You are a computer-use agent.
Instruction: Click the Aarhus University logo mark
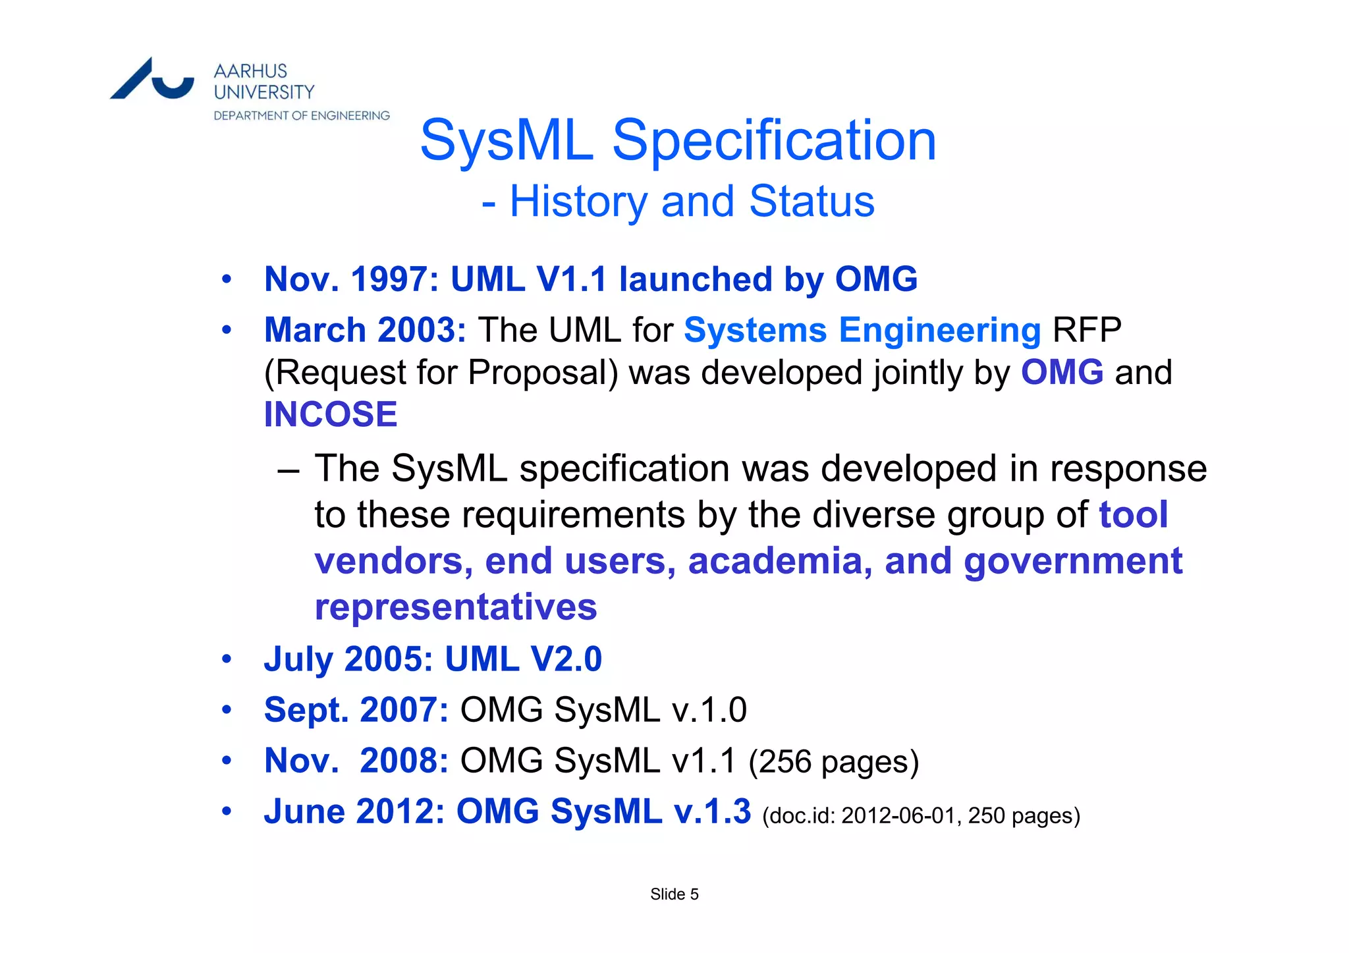pyautogui.click(x=152, y=80)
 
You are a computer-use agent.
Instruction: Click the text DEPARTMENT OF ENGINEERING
pyautogui.click(x=302, y=116)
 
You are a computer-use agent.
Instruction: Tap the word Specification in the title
pyautogui.click(x=774, y=140)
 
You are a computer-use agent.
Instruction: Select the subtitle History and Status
pyautogui.click(x=692, y=202)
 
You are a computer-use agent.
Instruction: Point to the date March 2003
pyautogui.click(x=365, y=330)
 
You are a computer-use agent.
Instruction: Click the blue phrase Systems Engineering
pyautogui.click(x=862, y=330)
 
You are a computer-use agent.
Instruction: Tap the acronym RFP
pyautogui.click(x=1087, y=330)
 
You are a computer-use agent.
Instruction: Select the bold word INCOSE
pyautogui.click(x=331, y=414)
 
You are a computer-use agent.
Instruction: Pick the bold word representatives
pyautogui.click(x=456, y=607)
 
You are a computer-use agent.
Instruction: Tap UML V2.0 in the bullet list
pyautogui.click(x=524, y=659)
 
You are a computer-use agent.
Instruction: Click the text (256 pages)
pyautogui.click(x=833, y=761)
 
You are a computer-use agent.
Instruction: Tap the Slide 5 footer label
pyautogui.click(x=674, y=894)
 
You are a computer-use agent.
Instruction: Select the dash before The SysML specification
pyautogui.click(x=288, y=470)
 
